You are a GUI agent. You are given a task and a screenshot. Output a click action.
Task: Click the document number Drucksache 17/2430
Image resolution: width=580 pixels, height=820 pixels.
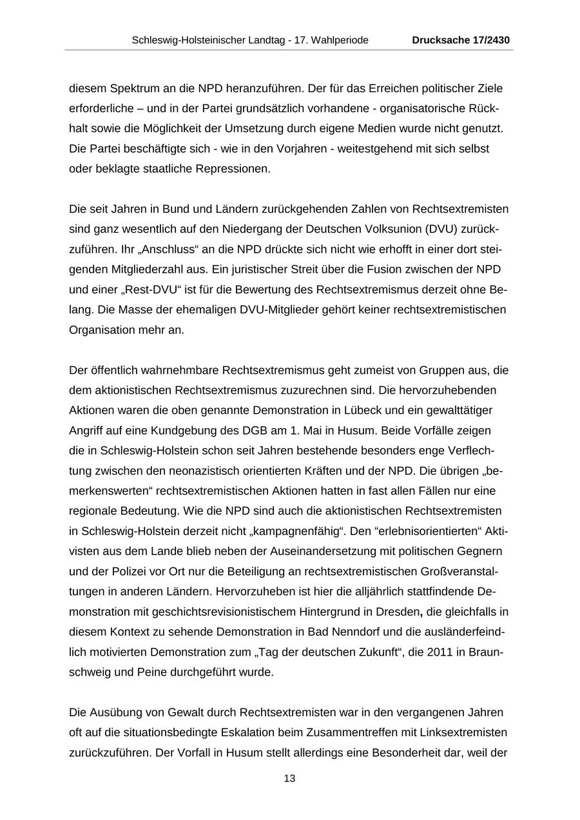pyautogui.click(x=461, y=40)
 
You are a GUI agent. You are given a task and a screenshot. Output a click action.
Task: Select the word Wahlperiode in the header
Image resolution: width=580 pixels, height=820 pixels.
pyautogui.click(x=342, y=40)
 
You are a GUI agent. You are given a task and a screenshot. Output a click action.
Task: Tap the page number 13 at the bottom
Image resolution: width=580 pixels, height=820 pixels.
pyautogui.click(x=289, y=779)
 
